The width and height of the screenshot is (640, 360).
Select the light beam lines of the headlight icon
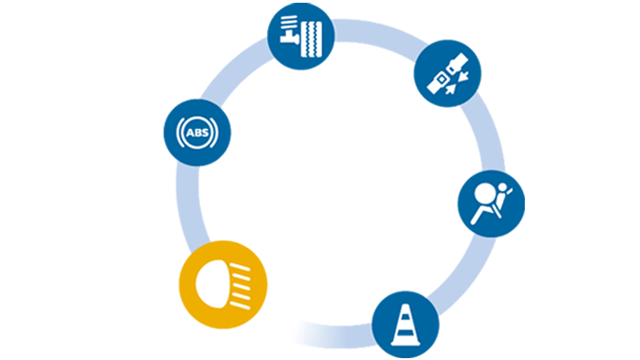click(x=240, y=281)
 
